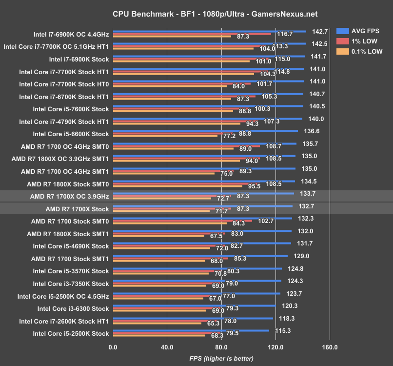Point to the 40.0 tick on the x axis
coord(167,347)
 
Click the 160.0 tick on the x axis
coord(330,347)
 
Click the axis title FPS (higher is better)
coord(221,359)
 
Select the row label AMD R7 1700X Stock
coord(77,209)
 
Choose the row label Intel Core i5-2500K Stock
coord(71,334)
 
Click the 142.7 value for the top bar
coord(320,31)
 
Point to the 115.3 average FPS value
coord(283,330)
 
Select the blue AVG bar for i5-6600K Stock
coord(205,131)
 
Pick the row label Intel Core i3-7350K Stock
coord(71,284)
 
